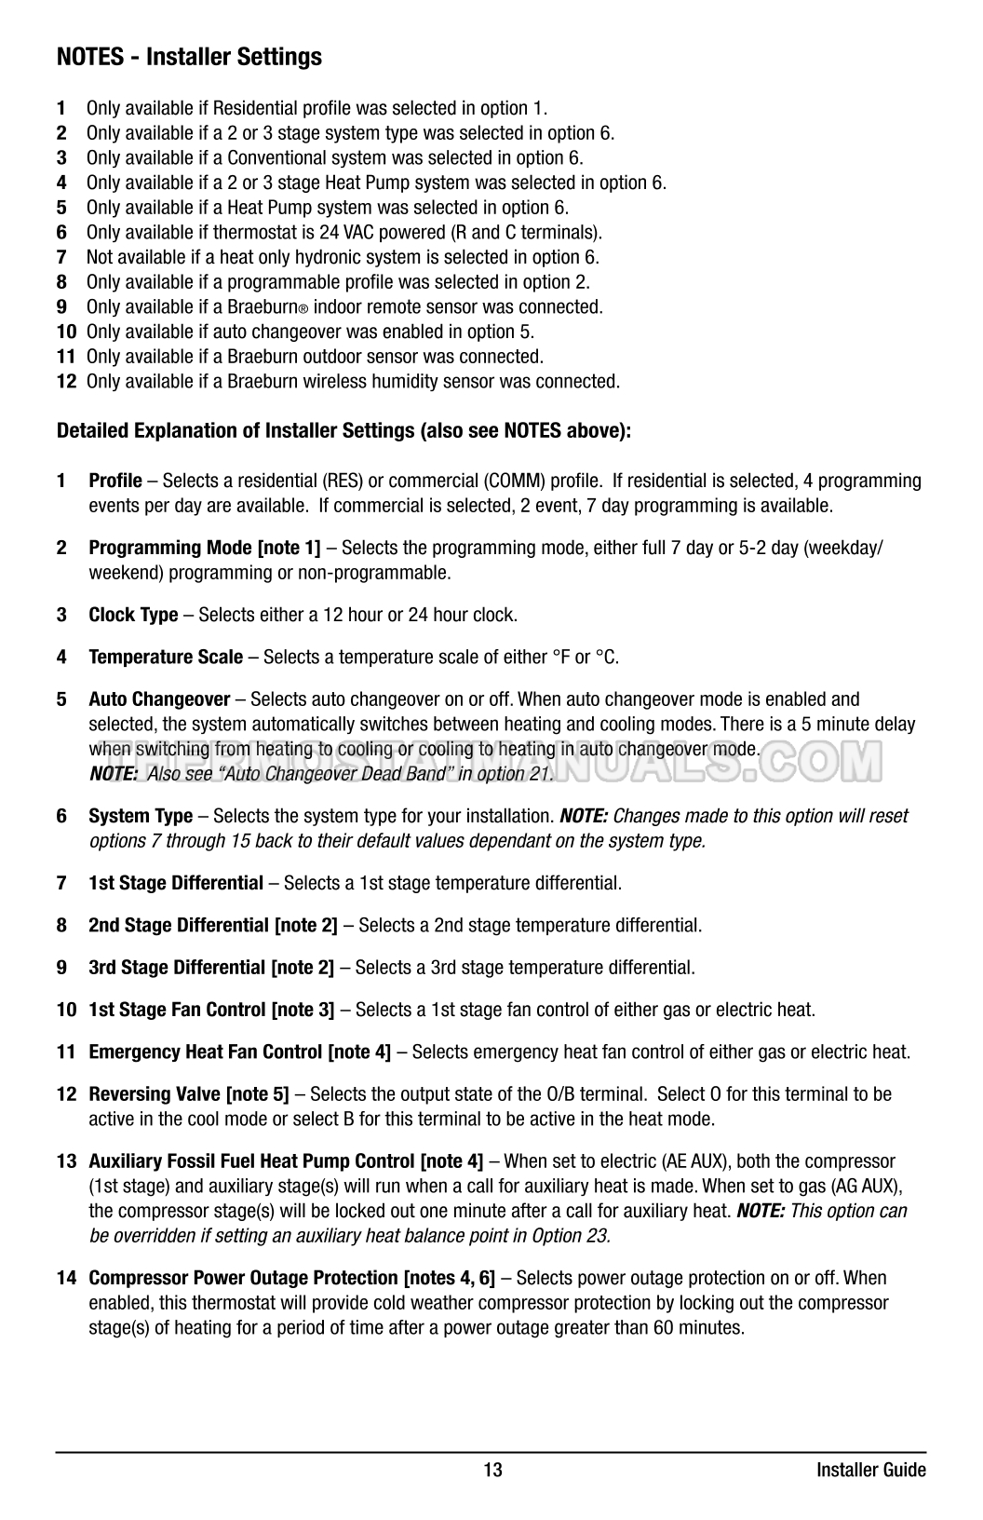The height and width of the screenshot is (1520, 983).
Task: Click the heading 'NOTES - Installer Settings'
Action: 189,57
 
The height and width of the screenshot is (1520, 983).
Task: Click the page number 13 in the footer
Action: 492,1471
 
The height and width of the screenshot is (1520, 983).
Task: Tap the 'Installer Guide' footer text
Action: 870,1471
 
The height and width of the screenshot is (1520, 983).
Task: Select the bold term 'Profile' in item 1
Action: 115,481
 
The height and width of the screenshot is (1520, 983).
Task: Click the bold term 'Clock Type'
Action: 133,615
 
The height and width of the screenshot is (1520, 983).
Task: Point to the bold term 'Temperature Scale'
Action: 166,658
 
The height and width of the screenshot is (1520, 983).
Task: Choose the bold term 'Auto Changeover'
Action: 159,699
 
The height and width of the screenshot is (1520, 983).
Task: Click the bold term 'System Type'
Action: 141,817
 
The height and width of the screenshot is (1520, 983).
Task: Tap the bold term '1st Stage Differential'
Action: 176,883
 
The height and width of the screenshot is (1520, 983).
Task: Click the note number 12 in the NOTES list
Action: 66,382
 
